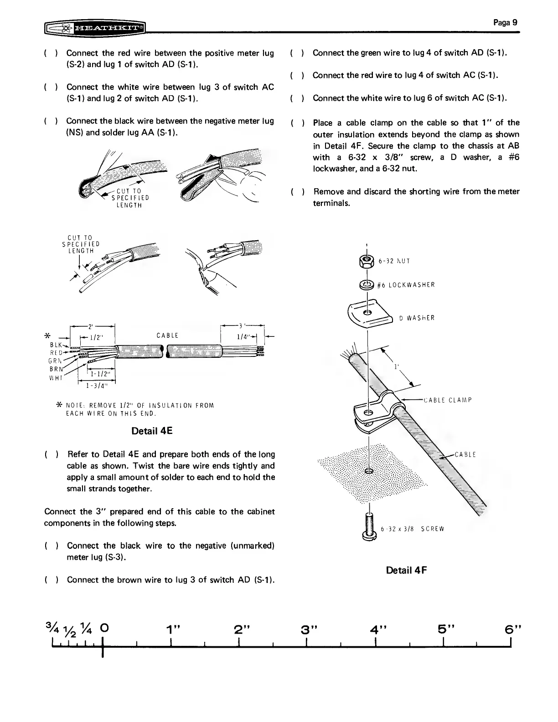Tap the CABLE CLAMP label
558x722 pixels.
(447, 400)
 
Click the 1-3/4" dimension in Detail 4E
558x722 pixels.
(97, 387)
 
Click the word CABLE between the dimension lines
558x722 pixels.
(167, 335)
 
